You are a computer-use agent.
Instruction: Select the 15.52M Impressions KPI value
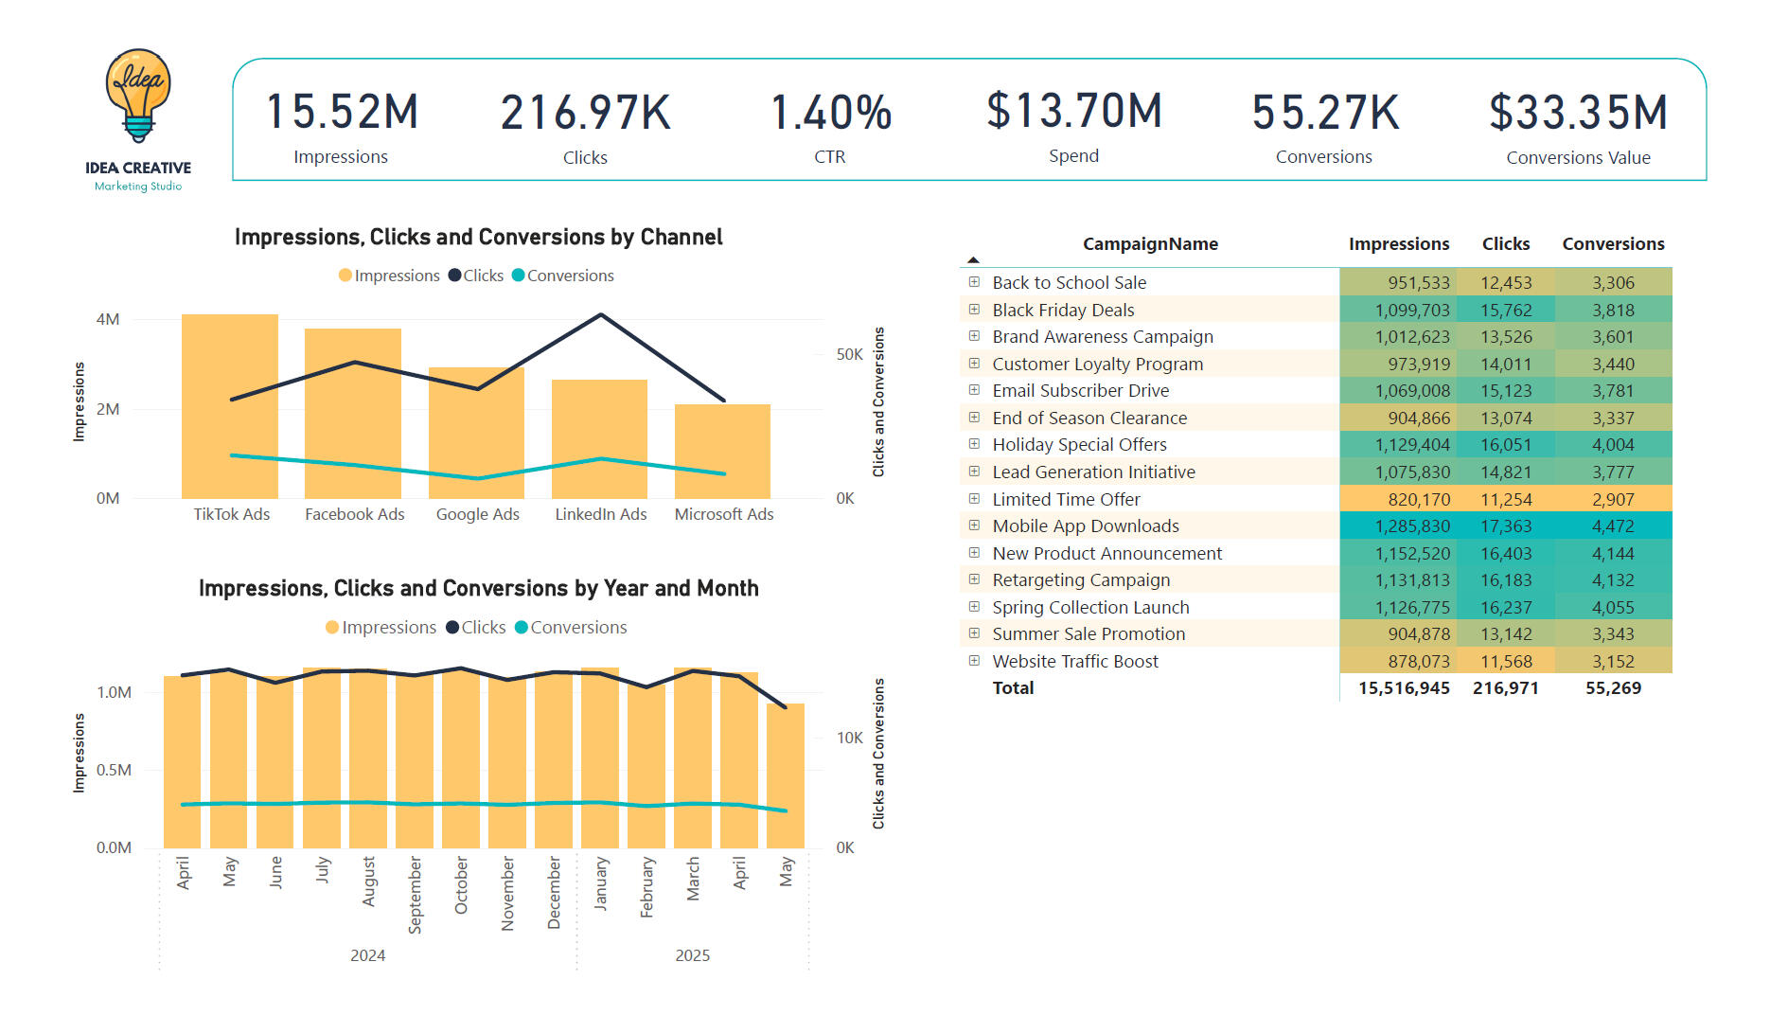click(342, 113)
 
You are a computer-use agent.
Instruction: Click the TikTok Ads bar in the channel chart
click(230, 407)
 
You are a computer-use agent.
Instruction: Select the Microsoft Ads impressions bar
click(722, 452)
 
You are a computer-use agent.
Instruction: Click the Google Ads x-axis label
click(477, 514)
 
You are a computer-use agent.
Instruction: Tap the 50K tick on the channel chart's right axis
click(849, 354)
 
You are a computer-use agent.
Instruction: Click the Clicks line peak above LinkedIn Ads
click(601, 315)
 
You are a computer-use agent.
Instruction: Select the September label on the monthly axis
click(415, 895)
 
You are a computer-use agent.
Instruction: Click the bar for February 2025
click(646, 767)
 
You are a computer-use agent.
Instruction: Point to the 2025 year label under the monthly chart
click(692, 955)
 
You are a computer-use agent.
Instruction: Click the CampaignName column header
click(1150, 244)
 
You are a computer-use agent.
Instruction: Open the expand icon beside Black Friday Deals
click(974, 310)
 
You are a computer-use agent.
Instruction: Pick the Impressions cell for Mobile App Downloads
click(1411, 526)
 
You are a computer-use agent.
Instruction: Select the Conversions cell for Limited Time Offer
click(1612, 499)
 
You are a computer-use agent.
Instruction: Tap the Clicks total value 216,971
click(1505, 688)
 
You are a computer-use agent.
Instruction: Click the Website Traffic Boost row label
click(1074, 662)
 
